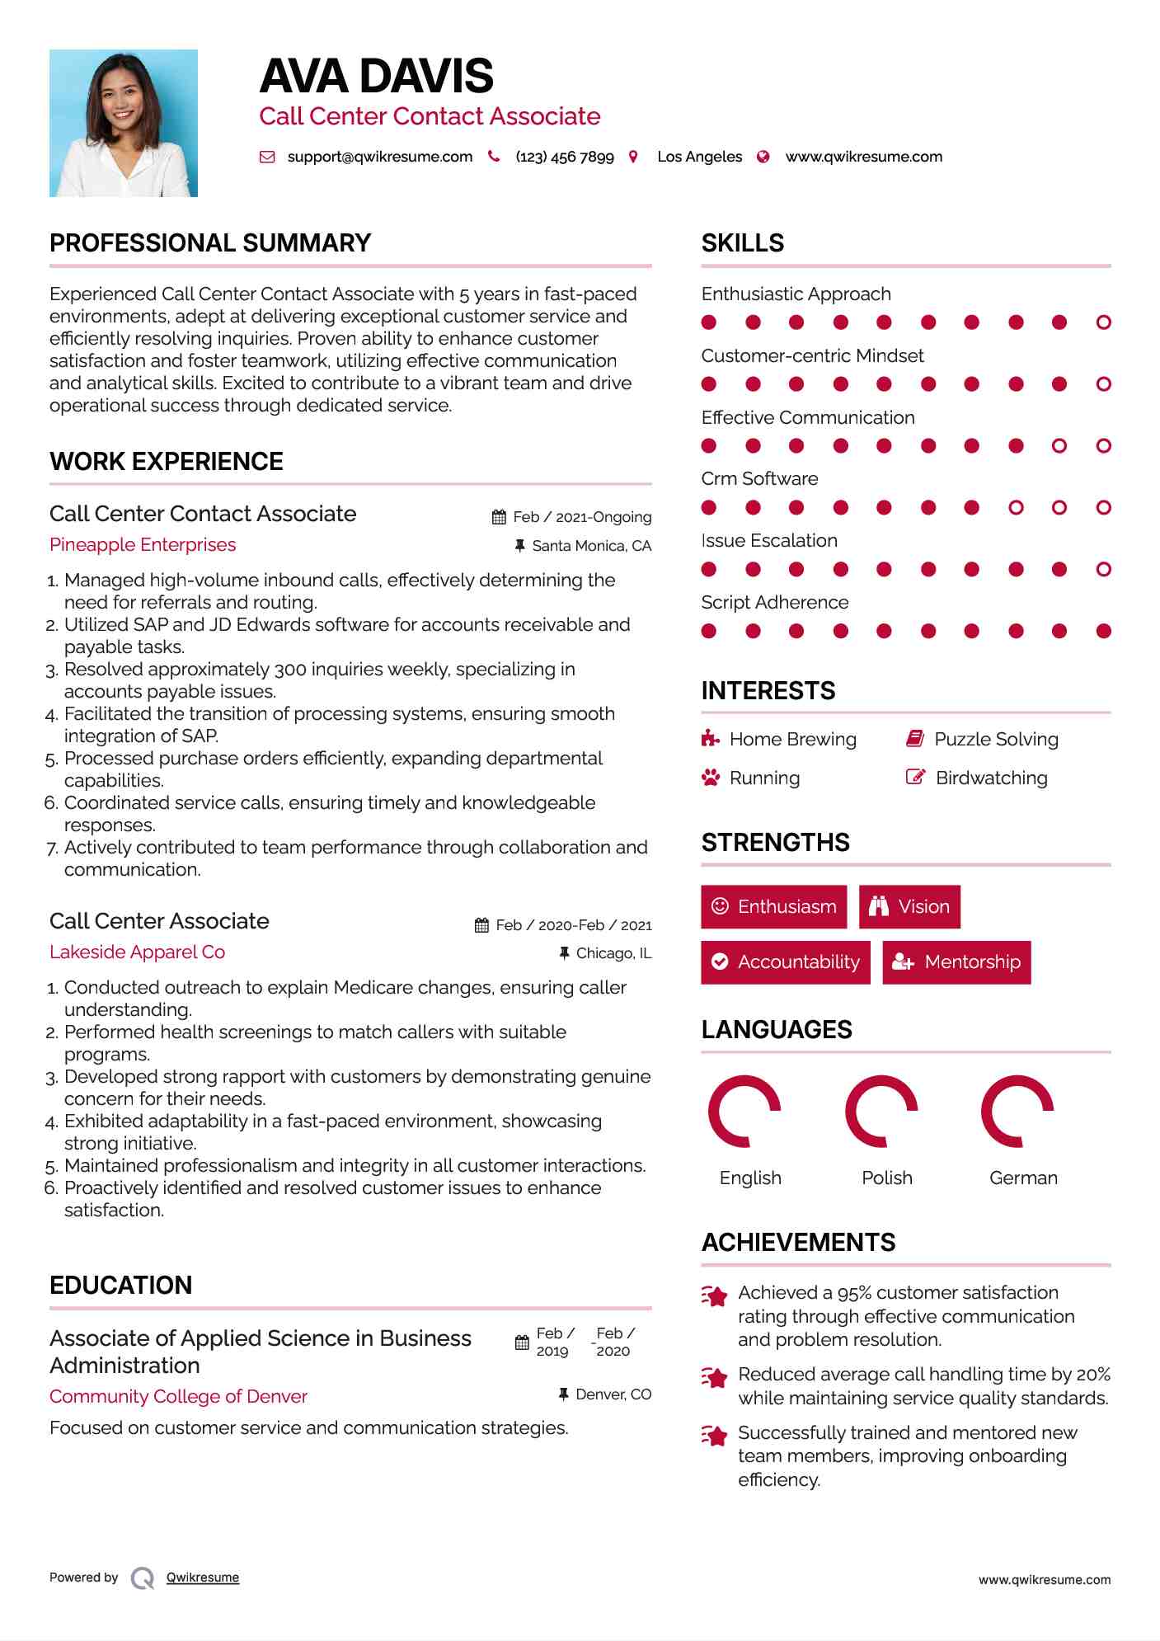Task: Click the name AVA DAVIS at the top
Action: [x=376, y=77]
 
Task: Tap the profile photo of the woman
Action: [x=124, y=123]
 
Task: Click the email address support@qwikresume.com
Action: [x=379, y=157]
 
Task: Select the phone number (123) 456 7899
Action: [x=564, y=157]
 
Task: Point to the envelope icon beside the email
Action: [x=267, y=157]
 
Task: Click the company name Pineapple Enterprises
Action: [x=143, y=545]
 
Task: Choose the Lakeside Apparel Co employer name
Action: [x=137, y=952]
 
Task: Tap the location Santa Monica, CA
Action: [x=591, y=546]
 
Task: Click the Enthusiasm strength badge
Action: [x=773, y=907]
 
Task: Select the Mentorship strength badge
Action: [x=956, y=962]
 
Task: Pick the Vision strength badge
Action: [x=909, y=907]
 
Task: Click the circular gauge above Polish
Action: [x=881, y=1112]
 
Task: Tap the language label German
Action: [x=1023, y=1178]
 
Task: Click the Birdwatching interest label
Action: [x=992, y=778]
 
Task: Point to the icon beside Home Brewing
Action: [x=710, y=739]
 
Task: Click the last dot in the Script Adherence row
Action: [x=1104, y=632]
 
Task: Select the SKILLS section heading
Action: [x=743, y=243]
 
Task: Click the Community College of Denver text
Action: [x=178, y=1397]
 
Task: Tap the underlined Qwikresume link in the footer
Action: [x=203, y=1578]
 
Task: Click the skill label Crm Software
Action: [x=759, y=479]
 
